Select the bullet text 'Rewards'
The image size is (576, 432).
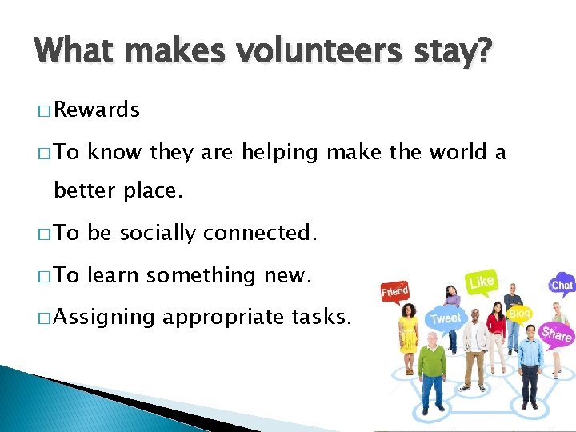[97, 110]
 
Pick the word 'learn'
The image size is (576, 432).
[114, 275]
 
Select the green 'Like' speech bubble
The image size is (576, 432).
[481, 282]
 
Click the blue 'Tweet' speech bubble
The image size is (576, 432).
[445, 318]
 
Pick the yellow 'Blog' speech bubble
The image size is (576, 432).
[519, 314]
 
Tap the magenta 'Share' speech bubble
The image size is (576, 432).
[556, 334]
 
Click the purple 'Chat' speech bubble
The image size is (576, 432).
[562, 284]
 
